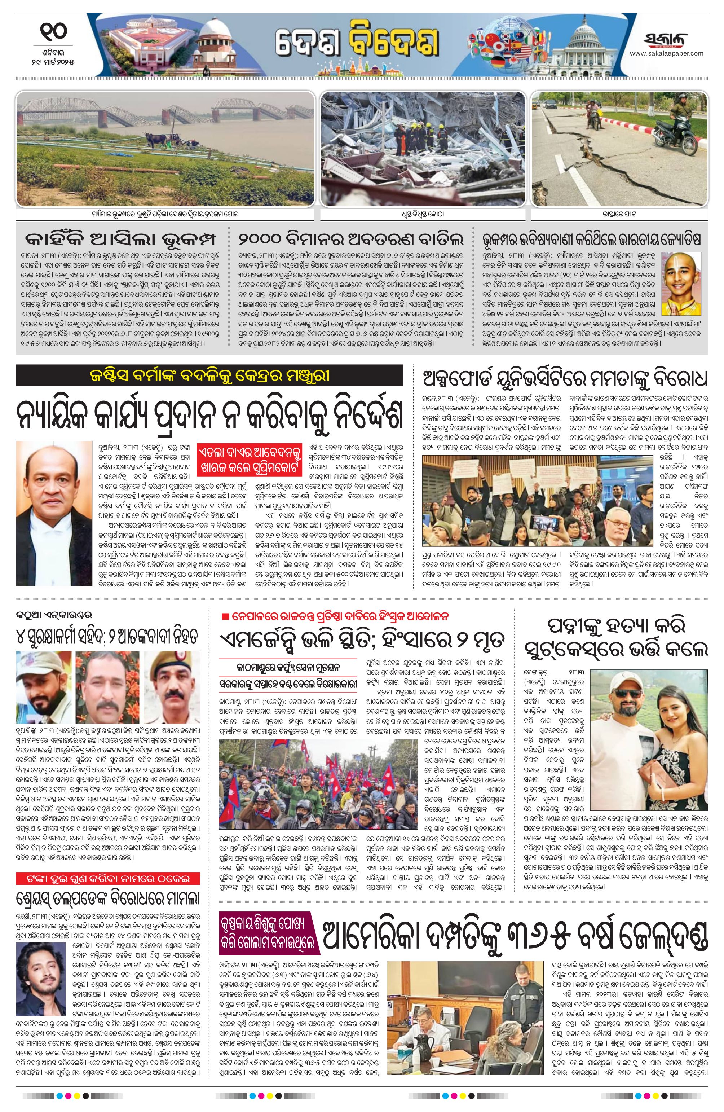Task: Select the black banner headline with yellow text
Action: [209, 375]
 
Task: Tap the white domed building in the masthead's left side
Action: [215, 40]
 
